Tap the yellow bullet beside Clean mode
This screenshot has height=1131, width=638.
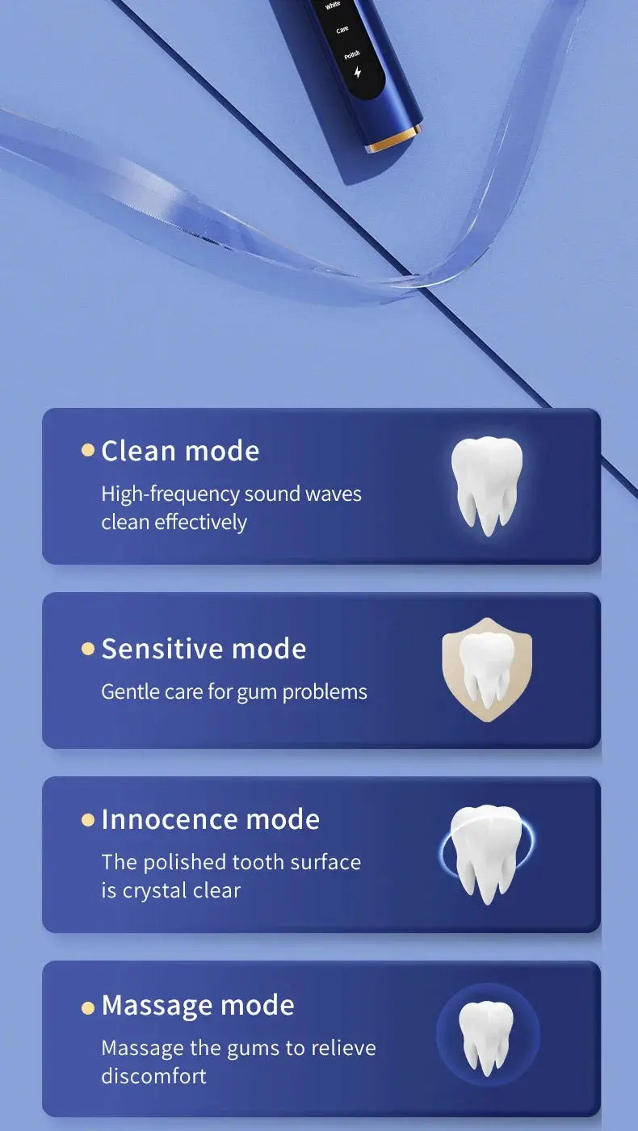pos(88,450)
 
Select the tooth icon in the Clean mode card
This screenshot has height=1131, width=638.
pos(486,485)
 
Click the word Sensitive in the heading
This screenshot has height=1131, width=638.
pos(162,649)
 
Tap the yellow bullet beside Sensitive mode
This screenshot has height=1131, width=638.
pos(88,649)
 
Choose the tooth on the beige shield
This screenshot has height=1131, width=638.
pos(487,670)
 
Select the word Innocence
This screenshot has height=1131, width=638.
pos(169,819)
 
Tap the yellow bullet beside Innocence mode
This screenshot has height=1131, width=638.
pos(88,820)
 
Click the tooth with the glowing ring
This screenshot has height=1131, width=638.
pos(486,853)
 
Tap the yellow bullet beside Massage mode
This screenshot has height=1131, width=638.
pos(88,1007)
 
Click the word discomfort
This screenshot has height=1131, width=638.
pos(153,1076)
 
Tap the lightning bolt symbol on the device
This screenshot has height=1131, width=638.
pos(358,73)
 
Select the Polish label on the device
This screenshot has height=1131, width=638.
pos(351,55)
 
